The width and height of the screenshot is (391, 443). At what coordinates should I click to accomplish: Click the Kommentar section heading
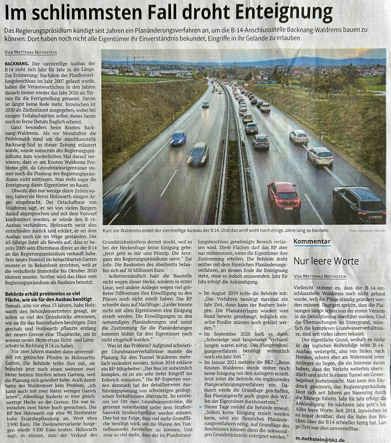point(312,242)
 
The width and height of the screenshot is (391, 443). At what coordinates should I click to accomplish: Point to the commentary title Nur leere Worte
point(326,261)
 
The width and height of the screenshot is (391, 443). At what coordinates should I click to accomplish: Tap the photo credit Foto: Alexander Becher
point(367,230)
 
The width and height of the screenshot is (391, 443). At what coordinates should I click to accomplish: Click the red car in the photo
point(284,197)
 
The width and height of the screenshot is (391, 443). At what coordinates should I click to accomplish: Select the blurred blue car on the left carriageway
point(178,138)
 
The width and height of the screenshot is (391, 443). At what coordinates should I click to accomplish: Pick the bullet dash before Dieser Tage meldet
point(200,407)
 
